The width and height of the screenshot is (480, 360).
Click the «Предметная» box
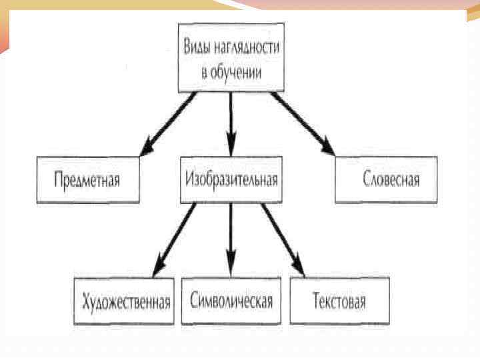pyautogui.click(x=88, y=179)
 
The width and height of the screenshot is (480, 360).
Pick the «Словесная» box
pyautogui.click(x=387, y=179)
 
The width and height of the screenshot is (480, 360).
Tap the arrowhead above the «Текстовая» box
pyautogui.click(x=298, y=267)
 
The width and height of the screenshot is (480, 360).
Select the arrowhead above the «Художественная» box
pyautogui.click(x=158, y=268)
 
